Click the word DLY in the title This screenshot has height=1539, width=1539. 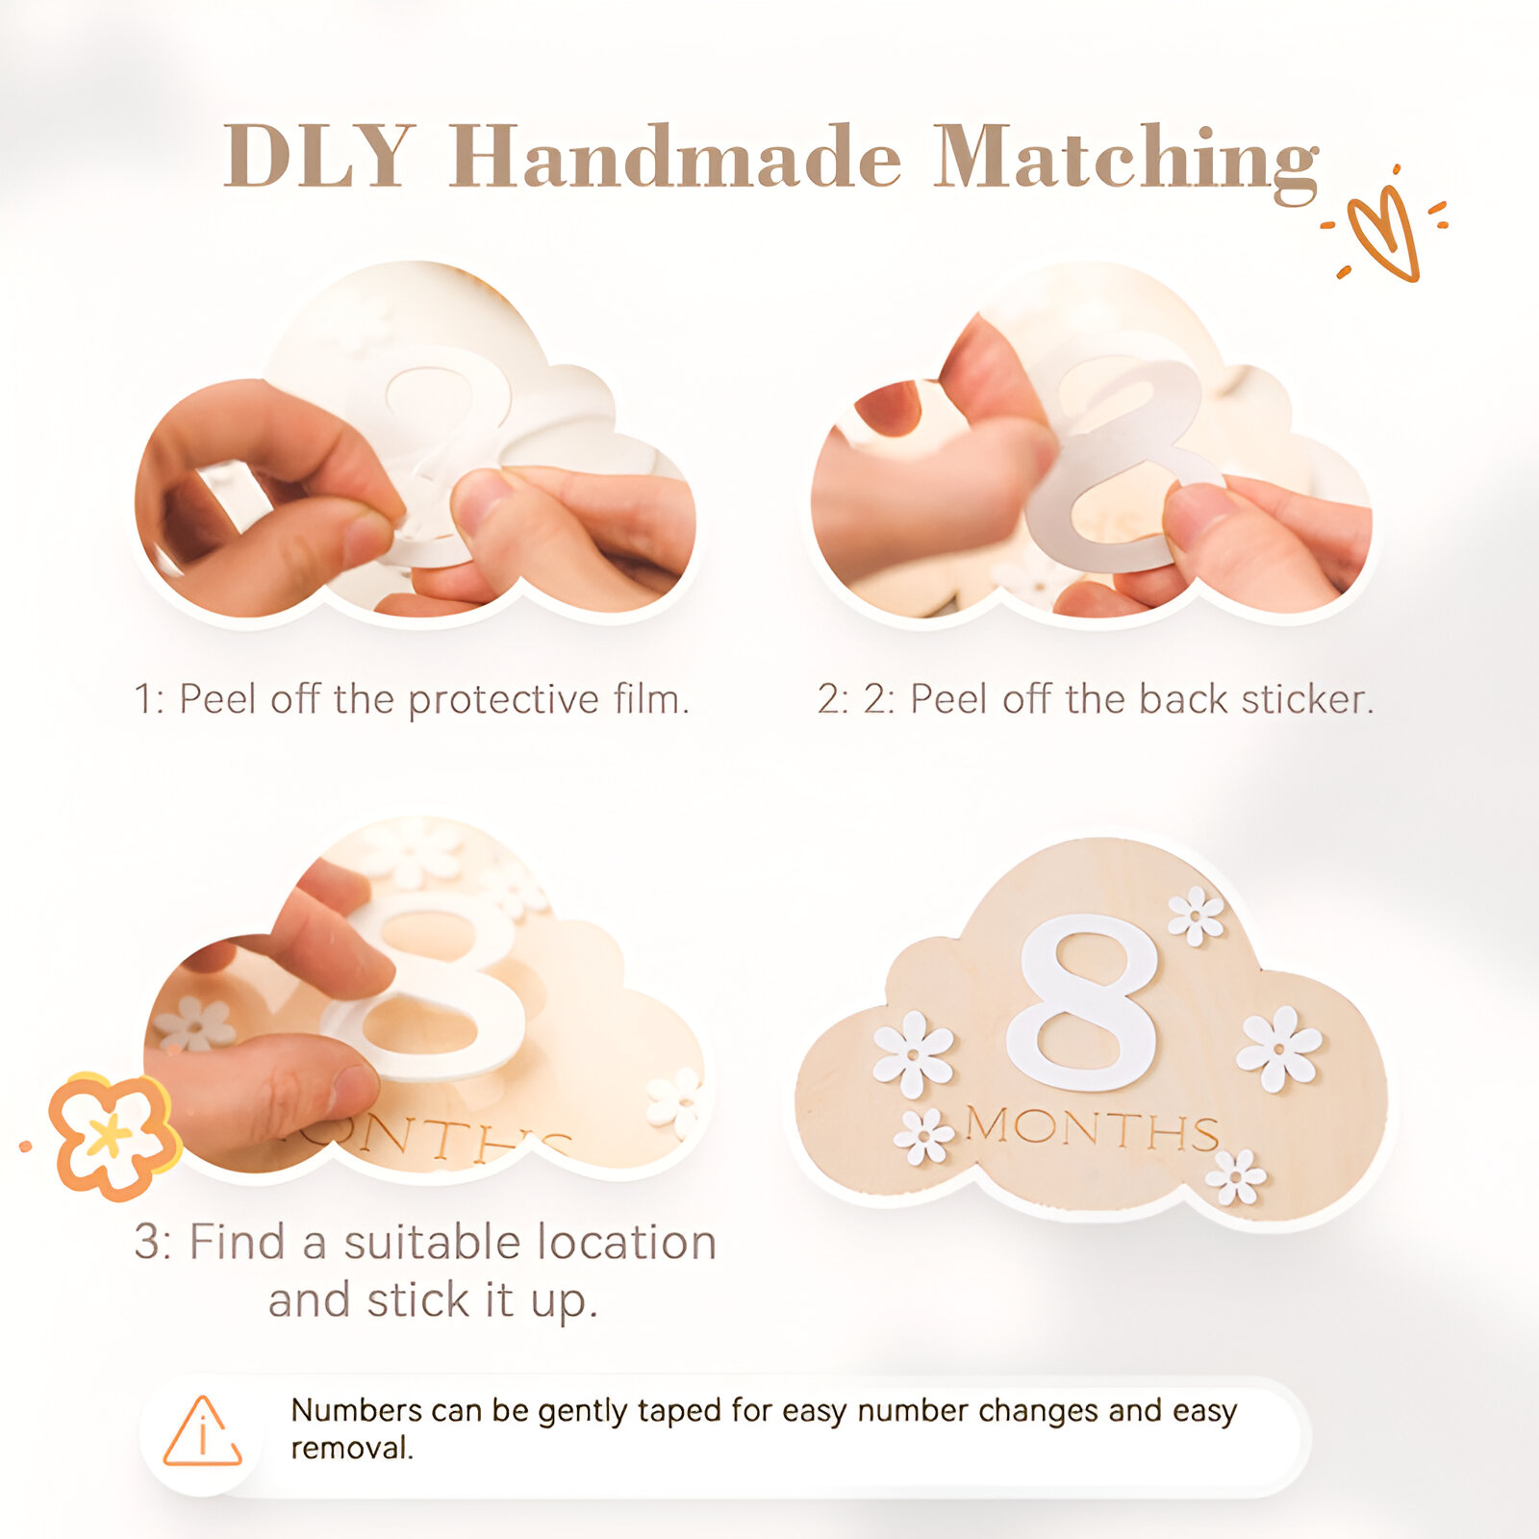(x=319, y=155)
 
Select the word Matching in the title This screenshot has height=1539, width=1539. (x=1125, y=162)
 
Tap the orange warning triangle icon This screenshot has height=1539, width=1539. (x=202, y=1431)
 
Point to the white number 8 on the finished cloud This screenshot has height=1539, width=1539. (x=1083, y=1002)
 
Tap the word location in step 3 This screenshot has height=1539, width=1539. (x=624, y=1242)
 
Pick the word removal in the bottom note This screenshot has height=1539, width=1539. (x=352, y=1448)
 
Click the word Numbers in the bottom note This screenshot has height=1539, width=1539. (x=356, y=1410)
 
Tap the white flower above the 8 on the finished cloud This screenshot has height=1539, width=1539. (x=1196, y=915)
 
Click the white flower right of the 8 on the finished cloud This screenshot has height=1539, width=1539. (x=1279, y=1047)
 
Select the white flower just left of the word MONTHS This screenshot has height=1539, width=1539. (x=923, y=1136)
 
